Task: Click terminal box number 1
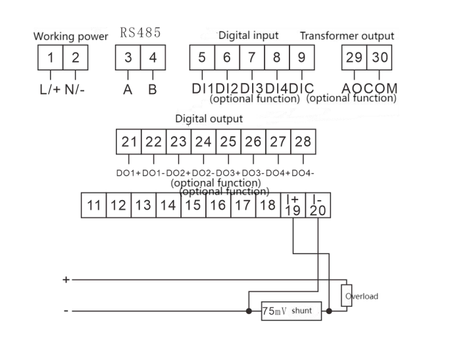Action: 51,57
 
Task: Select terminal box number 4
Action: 153,57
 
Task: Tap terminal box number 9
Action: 301,57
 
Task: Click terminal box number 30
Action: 380,57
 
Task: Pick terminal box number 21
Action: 129,141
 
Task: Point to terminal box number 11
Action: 93,205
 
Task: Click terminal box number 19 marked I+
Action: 293,205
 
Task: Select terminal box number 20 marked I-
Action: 318,205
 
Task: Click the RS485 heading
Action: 140,33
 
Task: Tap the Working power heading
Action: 70,37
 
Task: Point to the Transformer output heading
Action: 347,36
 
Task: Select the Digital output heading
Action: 209,119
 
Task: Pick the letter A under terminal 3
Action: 128,89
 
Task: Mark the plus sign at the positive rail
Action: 66,280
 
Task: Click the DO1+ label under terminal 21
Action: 128,172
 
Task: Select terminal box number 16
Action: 217,205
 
